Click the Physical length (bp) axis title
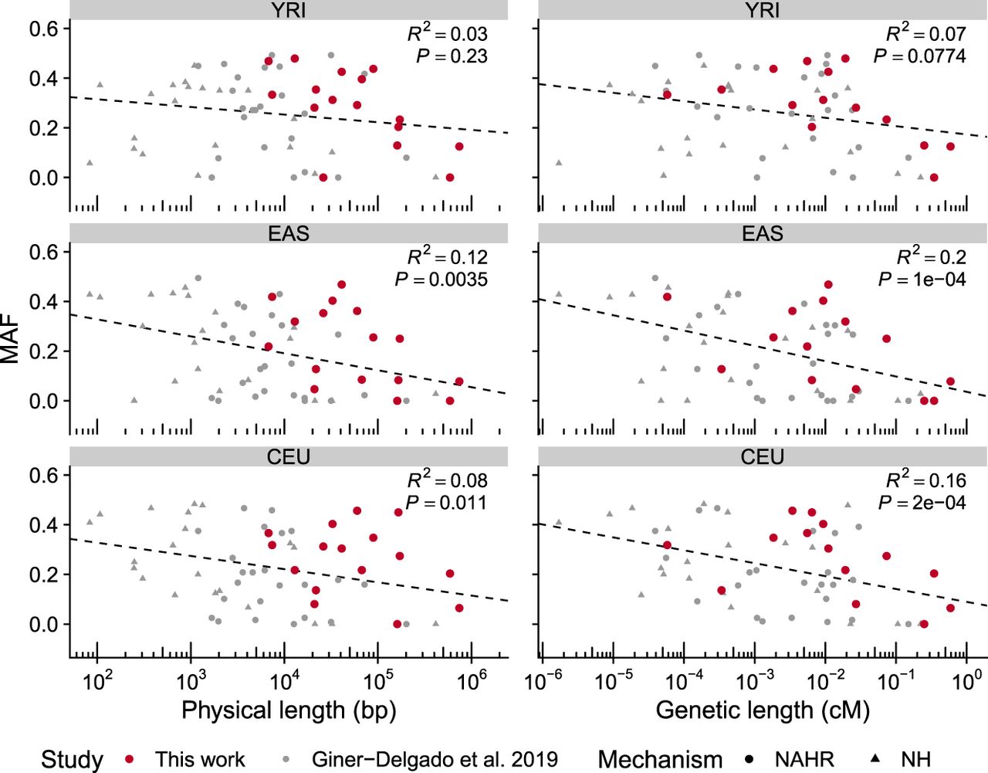289,710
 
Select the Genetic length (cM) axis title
763,710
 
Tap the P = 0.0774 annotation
919,56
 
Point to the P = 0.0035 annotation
441,280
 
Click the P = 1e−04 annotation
922,280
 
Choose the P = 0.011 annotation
445,503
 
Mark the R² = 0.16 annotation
925,480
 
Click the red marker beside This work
130,759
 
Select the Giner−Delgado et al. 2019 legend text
435,759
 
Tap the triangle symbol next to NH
874,758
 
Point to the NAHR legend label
805,759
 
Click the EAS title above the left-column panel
289,233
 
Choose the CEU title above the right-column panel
763,456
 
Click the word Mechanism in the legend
660,759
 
